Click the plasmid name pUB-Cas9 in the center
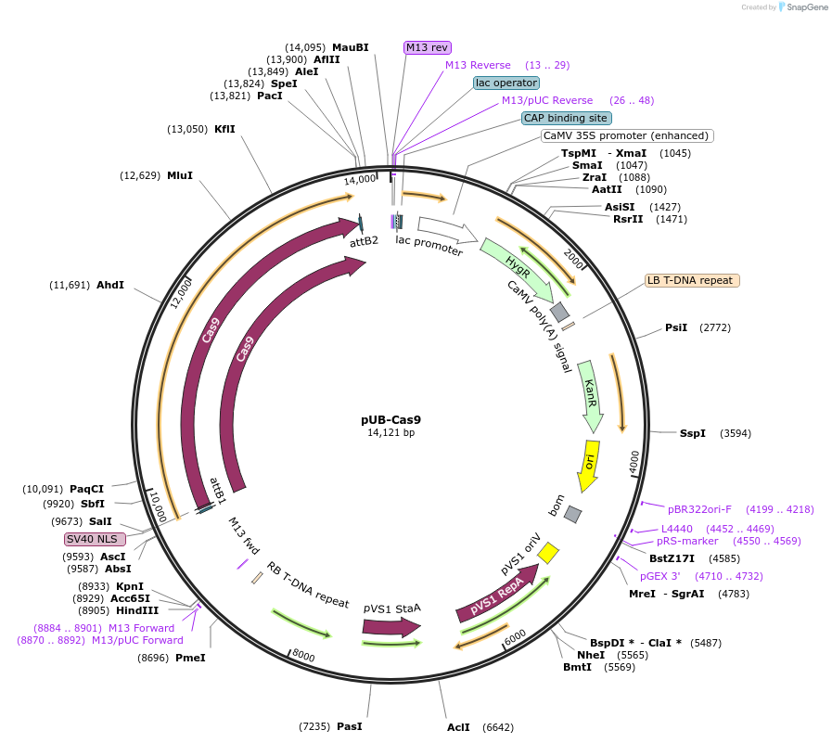coord(390,419)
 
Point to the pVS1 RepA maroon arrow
coord(494,596)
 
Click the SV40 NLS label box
coord(95,539)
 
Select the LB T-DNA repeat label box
coord(691,280)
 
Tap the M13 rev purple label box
coord(427,47)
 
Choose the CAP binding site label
coord(566,118)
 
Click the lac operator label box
coord(506,83)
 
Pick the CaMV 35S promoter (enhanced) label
coord(627,135)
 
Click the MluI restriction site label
coord(180,175)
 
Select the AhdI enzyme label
coord(109,285)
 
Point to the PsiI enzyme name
coord(676,327)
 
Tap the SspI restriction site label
coord(692,433)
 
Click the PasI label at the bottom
coord(350,725)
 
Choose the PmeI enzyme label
coord(190,658)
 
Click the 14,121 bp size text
coord(390,433)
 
